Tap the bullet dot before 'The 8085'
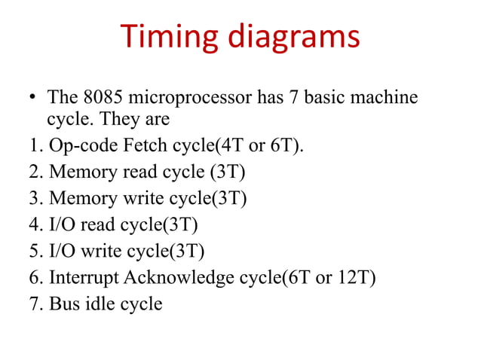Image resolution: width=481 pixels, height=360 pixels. point(32,99)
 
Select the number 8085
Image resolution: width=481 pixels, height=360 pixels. point(103,98)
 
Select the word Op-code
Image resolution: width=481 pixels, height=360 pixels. point(75,145)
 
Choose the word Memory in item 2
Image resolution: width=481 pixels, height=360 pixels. point(78,172)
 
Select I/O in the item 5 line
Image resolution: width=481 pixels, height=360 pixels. point(61,250)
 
